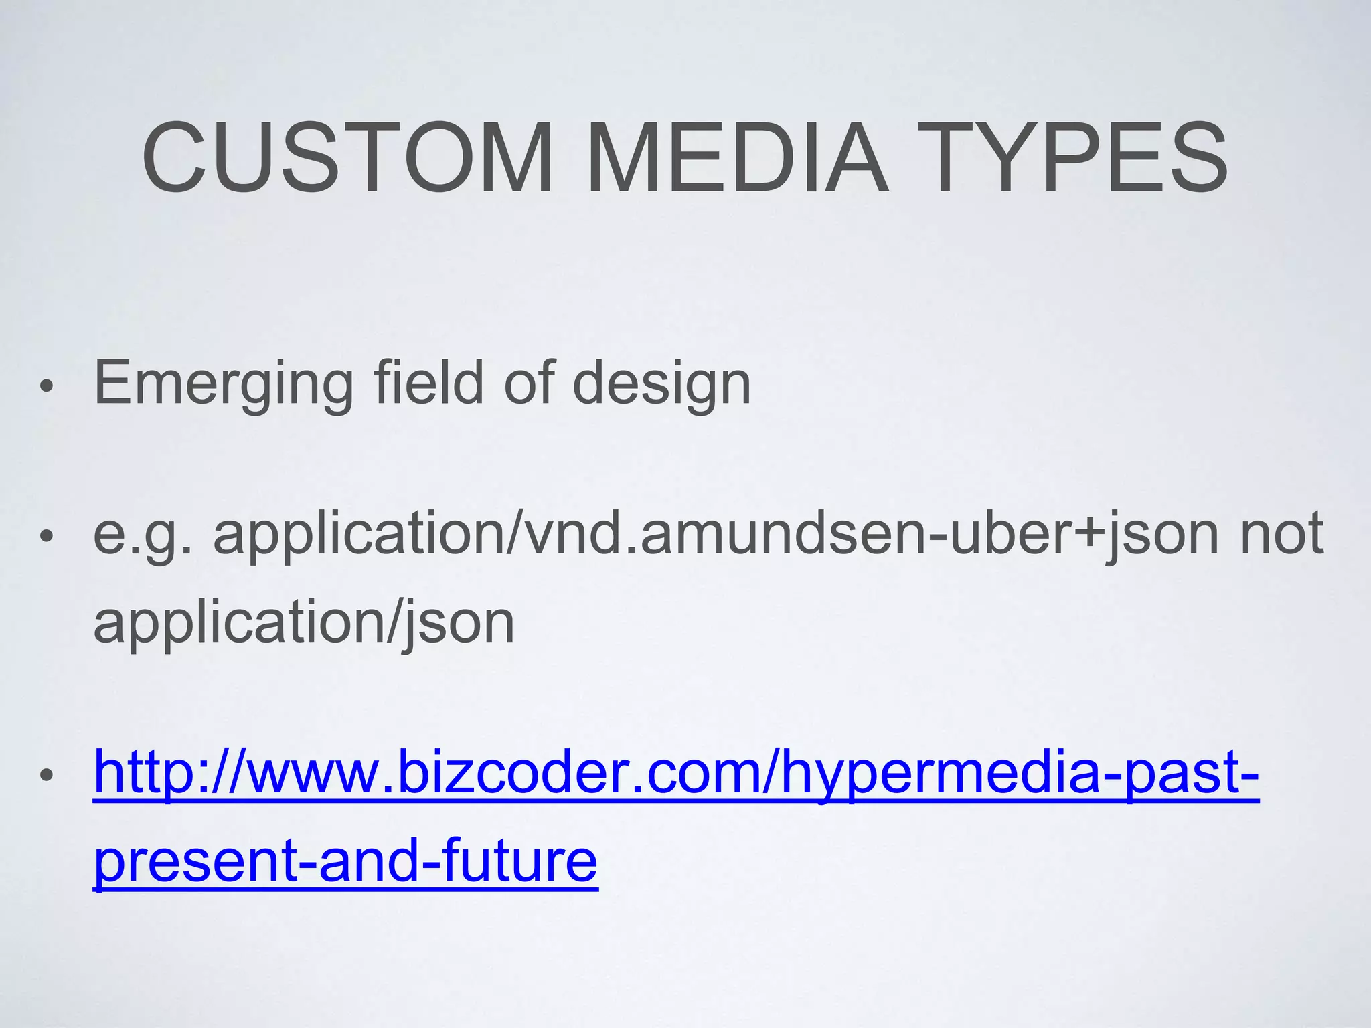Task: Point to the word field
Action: [x=428, y=383]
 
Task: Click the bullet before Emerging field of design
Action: [x=46, y=386]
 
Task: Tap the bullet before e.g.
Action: [x=46, y=536]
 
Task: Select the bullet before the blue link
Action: [x=46, y=776]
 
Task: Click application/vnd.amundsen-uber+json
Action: [x=716, y=534]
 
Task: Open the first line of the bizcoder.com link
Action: [x=676, y=774]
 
